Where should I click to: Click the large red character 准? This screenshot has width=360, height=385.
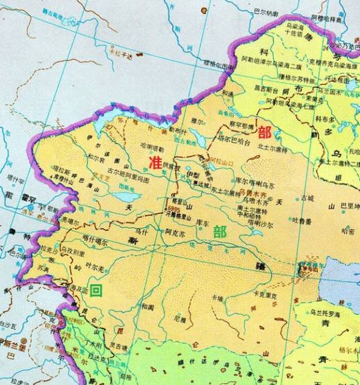pos(155,162)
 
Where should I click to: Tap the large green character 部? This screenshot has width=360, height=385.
pos(219,232)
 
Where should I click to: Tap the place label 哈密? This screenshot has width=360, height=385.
pos(348,230)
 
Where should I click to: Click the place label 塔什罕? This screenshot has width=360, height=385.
pos(13,179)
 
